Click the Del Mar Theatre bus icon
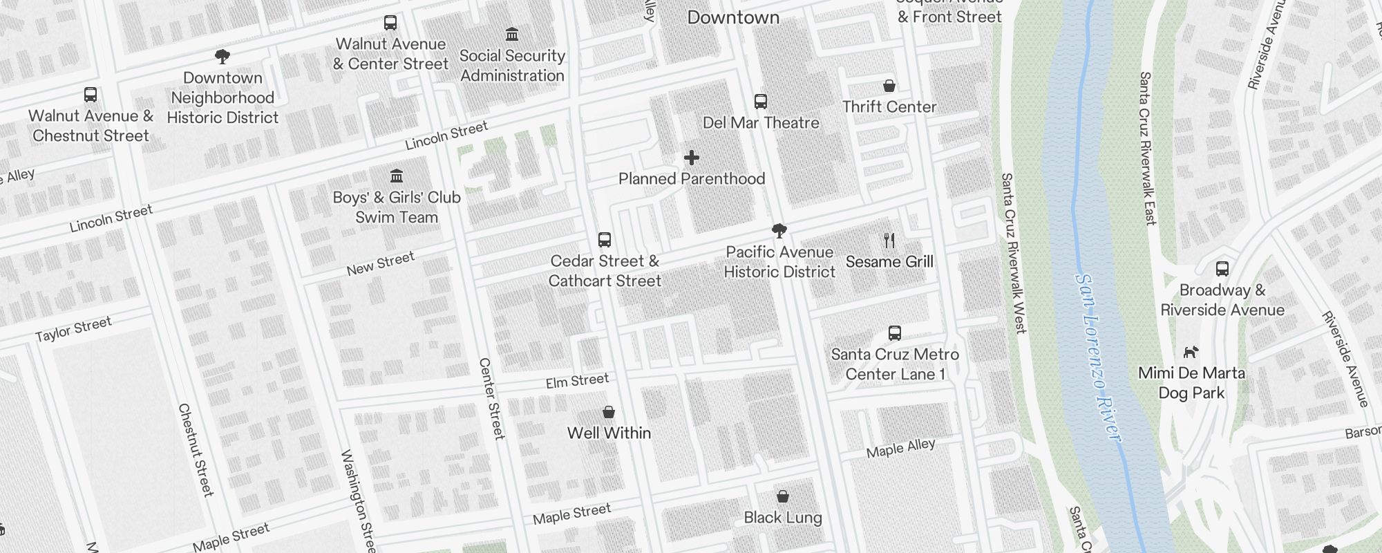click(761, 102)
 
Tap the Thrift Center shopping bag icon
click(889, 86)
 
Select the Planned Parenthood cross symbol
click(691, 158)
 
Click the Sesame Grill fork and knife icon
click(889, 241)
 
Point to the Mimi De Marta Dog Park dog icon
click(1191, 353)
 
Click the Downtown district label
click(733, 18)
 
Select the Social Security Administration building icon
click(512, 35)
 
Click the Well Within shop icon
click(609, 412)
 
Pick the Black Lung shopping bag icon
click(783, 496)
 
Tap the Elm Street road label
click(577, 381)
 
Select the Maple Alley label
click(900, 448)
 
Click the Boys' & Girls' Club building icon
click(397, 176)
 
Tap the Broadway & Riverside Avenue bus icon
click(1222, 269)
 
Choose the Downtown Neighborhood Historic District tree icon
click(223, 57)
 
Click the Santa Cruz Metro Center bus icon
click(895, 333)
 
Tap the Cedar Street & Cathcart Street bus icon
click(605, 240)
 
